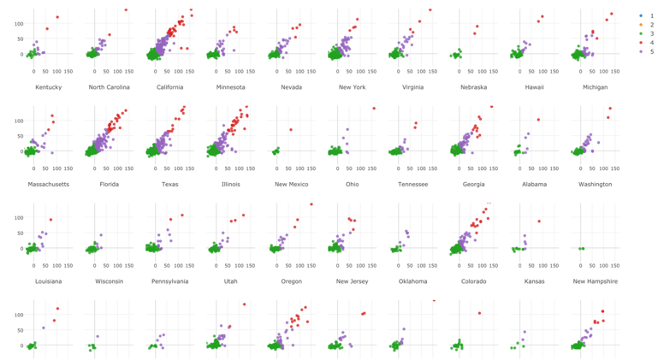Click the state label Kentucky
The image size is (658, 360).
(48, 87)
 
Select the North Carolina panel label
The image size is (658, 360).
(107, 87)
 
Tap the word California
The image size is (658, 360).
(169, 87)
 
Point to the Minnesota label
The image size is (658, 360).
(228, 87)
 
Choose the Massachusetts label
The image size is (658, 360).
(48, 184)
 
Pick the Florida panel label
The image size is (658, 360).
(107, 184)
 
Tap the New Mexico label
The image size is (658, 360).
(290, 184)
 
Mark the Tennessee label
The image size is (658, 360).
(412, 184)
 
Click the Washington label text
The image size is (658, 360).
(595, 184)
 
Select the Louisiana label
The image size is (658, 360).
(48, 280)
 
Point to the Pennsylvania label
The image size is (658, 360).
(169, 280)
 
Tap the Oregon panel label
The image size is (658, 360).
(290, 280)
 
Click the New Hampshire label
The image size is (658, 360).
(595, 280)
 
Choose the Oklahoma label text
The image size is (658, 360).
(412, 280)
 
